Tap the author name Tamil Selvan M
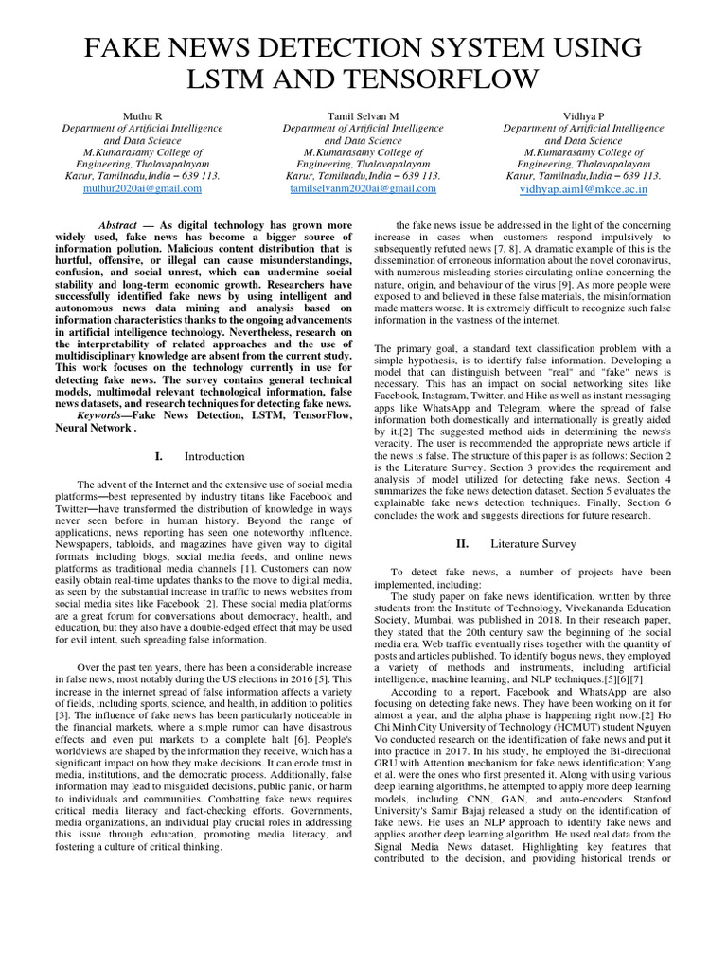point(363,115)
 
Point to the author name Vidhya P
point(583,115)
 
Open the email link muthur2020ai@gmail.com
point(142,188)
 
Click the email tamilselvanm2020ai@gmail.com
point(363,188)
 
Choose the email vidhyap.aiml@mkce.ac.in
point(583,188)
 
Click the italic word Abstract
point(117,224)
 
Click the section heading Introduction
point(214,456)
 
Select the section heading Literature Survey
point(532,544)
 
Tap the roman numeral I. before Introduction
point(159,456)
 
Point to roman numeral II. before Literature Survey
point(462,544)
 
